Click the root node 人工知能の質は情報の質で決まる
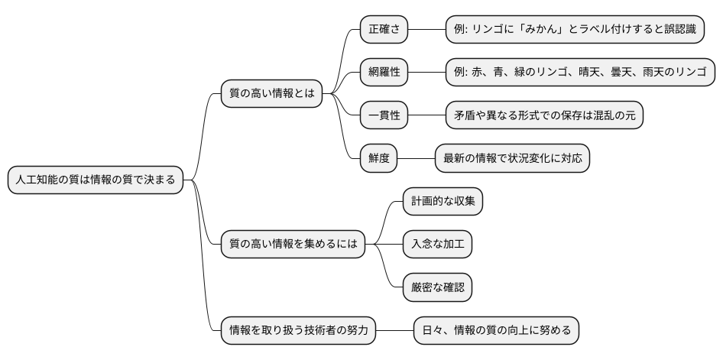pyautogui.click(x=96, y=180)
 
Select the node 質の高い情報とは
pyautogui.click(x=271, y=94)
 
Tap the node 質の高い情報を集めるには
pyautogui.click(x=291, y=245)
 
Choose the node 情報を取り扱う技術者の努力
pyautogui.click(x=298, y=331)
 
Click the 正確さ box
pyautogui.click(x=384, y=30)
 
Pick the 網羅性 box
pyautogui.click(x=384, y=73)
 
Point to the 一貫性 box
pyautogui.click(x=384, y=115)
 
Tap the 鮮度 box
pyautogui.click(x=378, y=158)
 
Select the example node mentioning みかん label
pyautogui.click(x=581, y=30)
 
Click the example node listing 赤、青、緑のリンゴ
pyautogui.click(x=581, y=73)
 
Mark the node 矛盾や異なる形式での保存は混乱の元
pyautogui.click(x=544, y=115)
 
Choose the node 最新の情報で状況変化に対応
pyautogui.click(x=512, y=158)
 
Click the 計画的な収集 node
pyautogui.click(x=443, y=202)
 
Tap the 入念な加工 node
pyautogui.click(x=437, y=245)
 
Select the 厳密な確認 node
pyautogui.click(x=437, y=287)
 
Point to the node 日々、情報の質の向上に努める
pyautogui.click(x=496, y=331)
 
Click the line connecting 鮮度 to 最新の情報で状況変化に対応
pyautogui.click(x=417, y=158)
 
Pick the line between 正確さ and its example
pyautogui.click(x=427, y=30)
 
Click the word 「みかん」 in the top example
pyautogui.click(x=547, y=30)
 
